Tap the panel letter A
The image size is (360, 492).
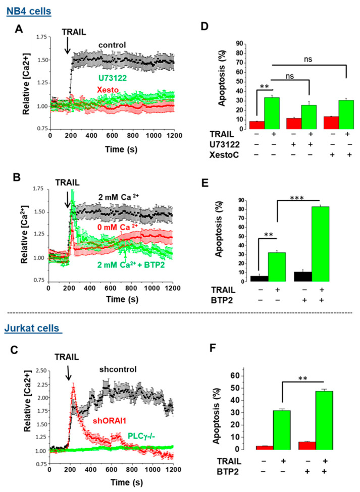click(x=18, y=30)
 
